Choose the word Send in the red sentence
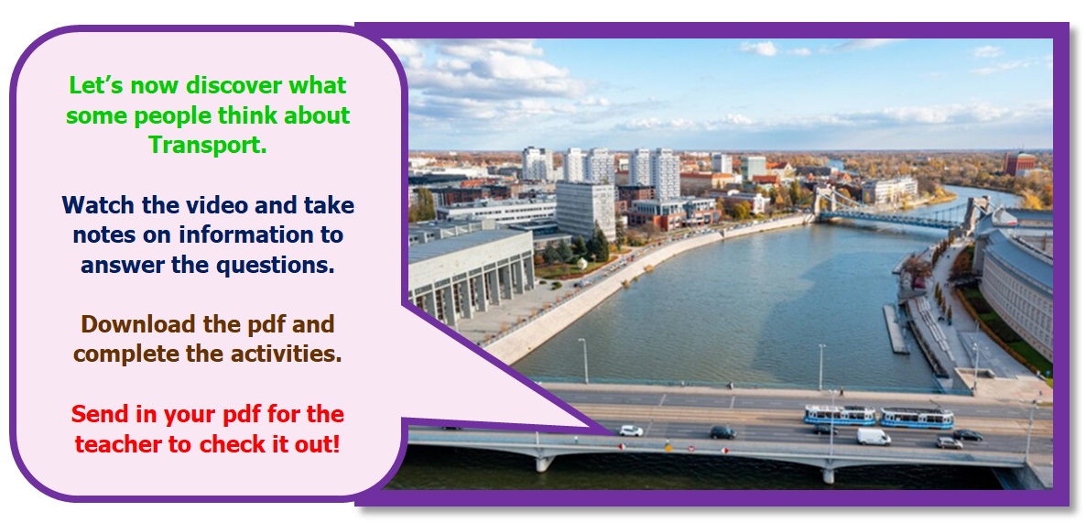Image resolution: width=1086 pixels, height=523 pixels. click(97, 414)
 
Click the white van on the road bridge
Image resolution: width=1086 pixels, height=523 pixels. click(873, 436)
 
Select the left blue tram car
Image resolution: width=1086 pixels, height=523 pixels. click(840, 415)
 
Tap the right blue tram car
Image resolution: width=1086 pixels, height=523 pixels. click(917, 418)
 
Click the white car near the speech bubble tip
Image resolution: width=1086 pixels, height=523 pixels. click(630, 430)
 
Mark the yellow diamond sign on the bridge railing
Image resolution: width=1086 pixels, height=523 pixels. click(668, 447)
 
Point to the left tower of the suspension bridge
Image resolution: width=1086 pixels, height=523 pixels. click(824, 203)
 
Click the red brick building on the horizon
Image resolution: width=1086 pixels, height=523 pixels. click(1021, 164)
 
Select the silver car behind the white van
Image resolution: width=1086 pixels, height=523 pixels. click(950, 442)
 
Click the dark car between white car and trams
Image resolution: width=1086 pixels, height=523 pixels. click(722, 431)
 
